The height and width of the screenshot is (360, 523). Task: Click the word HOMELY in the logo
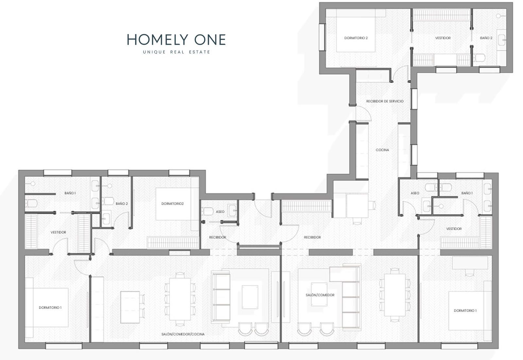tap(158, 40)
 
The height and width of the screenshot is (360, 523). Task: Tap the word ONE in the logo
tap(210, 40)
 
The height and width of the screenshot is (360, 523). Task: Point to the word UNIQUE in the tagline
tap(154, 52)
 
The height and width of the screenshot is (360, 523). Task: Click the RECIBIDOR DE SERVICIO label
tap(385, 101)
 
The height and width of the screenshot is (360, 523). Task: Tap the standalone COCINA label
tap(382, 150)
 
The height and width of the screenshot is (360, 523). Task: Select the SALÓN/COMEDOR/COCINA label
tap(183, 334)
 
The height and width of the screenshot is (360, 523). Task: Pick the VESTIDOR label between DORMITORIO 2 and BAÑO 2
tap(443, 38)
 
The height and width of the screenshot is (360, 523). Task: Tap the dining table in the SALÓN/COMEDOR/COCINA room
tap(180, 299)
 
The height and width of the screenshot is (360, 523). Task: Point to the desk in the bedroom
tap(470, 263)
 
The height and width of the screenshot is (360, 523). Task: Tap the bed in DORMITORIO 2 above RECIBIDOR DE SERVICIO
tap(356, 35)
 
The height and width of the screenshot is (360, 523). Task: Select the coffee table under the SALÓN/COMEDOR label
tap(319, 294)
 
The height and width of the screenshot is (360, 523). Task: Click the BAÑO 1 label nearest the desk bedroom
tap(467, 193)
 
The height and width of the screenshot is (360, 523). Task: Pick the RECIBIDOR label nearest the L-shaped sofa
tap(312, 237)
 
